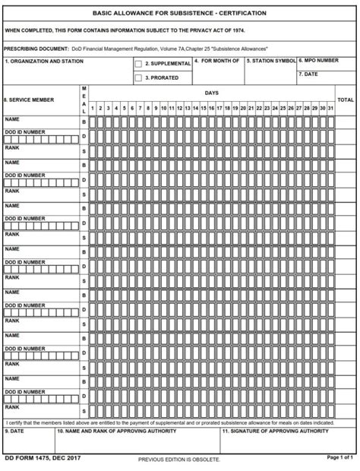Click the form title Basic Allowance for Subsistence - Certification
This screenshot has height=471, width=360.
[x=179, y=13]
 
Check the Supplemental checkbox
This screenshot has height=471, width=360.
[x=138, y=65]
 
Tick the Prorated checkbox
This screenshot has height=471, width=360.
[x=138, y=77]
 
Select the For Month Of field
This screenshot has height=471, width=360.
[x=219, y=71]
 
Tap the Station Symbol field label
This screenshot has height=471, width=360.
[x=271, y=61]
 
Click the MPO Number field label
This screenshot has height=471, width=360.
[x=319, y=60]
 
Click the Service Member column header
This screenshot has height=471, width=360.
[x=29, y=100]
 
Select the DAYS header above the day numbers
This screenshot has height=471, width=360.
[x=212, y=93]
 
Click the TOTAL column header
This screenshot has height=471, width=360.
[x=346, y=100]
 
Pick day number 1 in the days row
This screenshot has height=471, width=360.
[x=93, y=109]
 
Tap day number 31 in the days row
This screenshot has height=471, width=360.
[x=330, y=109]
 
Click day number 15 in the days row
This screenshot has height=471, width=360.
[x=204, y=109]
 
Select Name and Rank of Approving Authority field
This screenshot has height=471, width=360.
[x=136, y=441]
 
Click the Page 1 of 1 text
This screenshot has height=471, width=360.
[x=340, y=458]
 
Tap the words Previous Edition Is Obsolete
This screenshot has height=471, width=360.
[x=179, y=460]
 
